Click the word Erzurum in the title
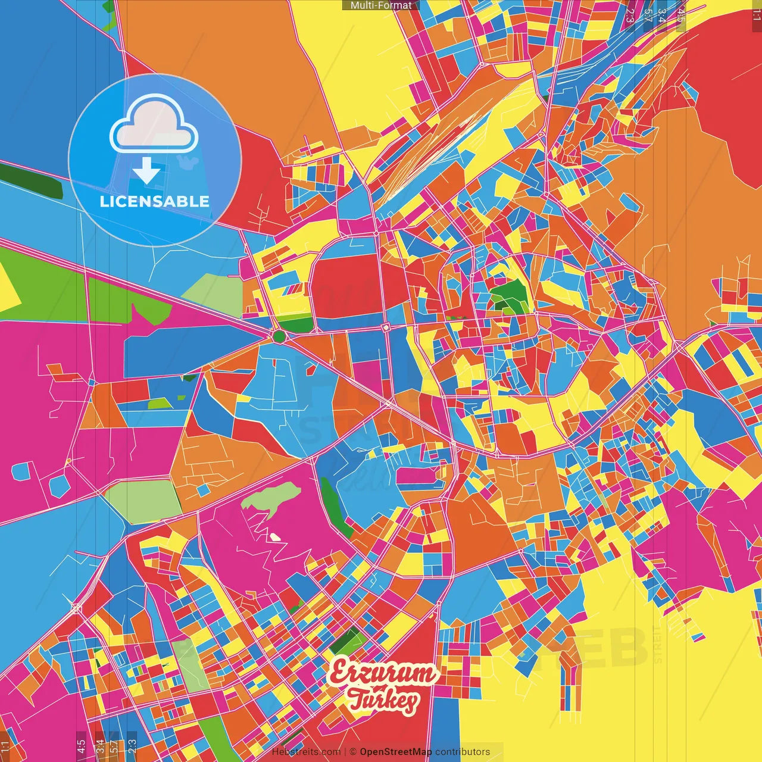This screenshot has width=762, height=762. pyautogui.click(x=383, y=673)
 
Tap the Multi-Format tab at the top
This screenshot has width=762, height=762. pyautogui.click(x=380, y=5)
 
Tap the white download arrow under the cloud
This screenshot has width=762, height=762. pyautogui.click(x=146, y=170)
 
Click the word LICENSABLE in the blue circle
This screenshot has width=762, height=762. pyautogui.click(x=155, y=201)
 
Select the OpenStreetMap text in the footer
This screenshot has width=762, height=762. pyautogui.click(x=395, y=752)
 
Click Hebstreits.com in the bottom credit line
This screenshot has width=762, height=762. pyautogui.click(x=306, y=752)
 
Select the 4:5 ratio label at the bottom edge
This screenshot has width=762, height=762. pyautogui.click(x=81, y=746)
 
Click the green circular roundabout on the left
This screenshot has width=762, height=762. pyautogui.click(x=279, y=337)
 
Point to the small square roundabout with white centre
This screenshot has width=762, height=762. pyautogui.click(x=386, y=327)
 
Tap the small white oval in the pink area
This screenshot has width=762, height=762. pyautogui.click(x=275, y=537)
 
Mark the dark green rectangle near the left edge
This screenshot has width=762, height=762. pyautogui.click(x=31, y=180)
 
